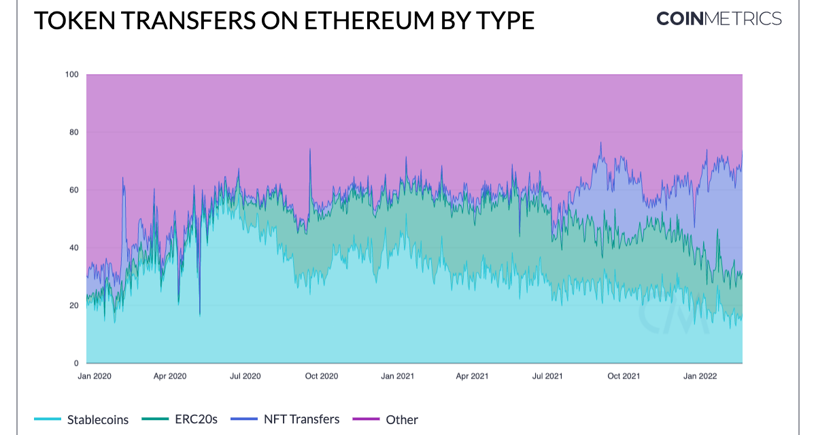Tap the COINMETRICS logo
[x=719, y=18]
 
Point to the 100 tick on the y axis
[x=72, y=74]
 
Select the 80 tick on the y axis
[x=74, y=132]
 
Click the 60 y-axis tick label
[x=74, y=190]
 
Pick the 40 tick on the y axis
[x=74, y=247]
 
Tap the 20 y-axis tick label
[x=74, y=305]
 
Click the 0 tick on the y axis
[x=76, y=363]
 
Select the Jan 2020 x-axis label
[x=94, y=375]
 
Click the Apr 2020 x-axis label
[x=169, y=375]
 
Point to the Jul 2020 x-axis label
[x=245, y=375]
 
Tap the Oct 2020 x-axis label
[x=321, y=375]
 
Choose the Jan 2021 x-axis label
[x=397, y=375]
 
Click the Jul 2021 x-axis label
[x=547, y=375]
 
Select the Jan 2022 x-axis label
[x=700, y=375]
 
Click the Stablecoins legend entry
[x=98, y=419]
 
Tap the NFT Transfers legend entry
[x=301, y=419]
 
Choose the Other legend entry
[x=401, y=419]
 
